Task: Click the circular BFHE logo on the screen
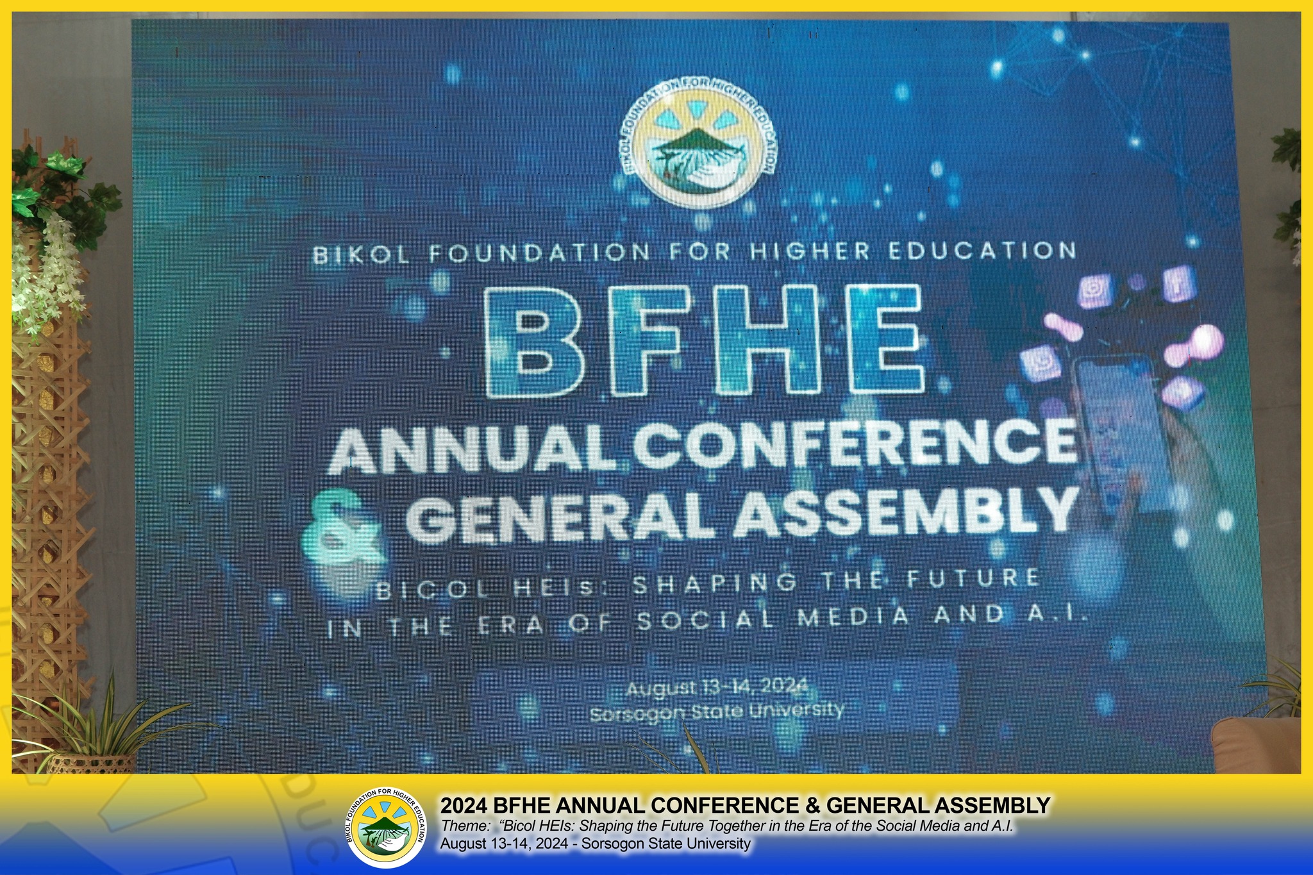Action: click(699, 142)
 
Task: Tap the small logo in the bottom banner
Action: click(386, 828)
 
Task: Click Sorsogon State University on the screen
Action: click(717, 711)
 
